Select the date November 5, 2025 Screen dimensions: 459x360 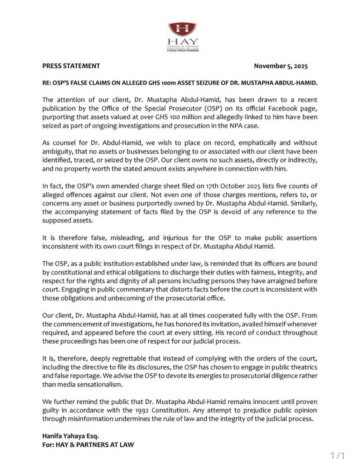point(281,66)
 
